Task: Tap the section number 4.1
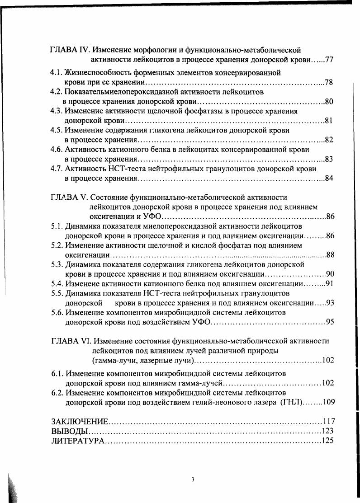coord(57,73)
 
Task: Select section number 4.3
coord(57,111)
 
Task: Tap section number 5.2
coord(57,245)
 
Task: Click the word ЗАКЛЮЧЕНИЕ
coord(80,422)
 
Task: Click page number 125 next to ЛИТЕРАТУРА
coord(327,441)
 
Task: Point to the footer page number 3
coord(193,479)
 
